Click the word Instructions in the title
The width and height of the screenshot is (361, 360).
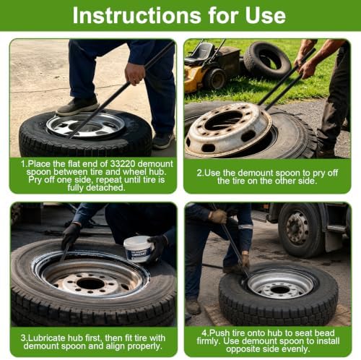(136, 15)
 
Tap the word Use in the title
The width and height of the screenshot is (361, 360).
(266, 15)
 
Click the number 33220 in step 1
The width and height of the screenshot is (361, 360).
(123, 164)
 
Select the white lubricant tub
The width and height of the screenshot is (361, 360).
(138, 249)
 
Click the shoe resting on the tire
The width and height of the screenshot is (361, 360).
(77, 106)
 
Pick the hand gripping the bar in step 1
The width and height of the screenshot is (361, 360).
(134, 74)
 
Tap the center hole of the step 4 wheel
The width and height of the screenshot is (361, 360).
(279, 290)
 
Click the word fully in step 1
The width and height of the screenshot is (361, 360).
(77, 187)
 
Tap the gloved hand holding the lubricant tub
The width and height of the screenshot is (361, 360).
(157, 248)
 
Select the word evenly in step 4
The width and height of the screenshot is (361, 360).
(295, 349)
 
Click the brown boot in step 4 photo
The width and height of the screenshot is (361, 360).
(193, 307)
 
